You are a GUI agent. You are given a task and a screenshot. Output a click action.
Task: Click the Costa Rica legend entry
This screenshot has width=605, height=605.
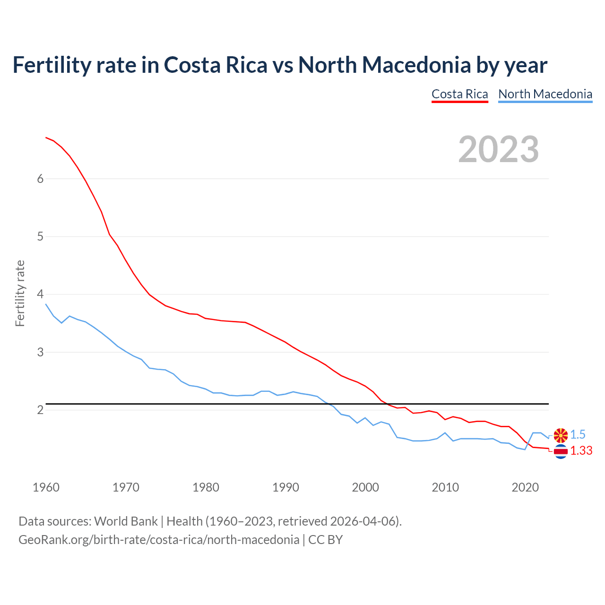[459, 94]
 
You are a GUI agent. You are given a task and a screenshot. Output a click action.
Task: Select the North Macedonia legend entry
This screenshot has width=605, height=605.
[545, 94]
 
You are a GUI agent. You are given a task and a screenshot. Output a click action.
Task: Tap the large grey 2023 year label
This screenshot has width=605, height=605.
[499, 149]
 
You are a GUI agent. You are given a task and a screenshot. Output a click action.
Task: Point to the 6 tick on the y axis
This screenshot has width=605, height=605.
[40, 179]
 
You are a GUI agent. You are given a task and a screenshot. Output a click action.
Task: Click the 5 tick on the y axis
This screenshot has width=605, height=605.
[40, 236]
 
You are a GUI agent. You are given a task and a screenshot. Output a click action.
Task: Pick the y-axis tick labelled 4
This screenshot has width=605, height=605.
[40, 294]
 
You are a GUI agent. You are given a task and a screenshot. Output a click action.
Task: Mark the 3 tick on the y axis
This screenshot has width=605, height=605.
[40, 352]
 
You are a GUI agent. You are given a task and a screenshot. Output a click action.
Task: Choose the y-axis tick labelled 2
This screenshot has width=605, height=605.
[40, 410]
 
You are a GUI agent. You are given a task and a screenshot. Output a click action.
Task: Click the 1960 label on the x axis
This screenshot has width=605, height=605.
[46, 487]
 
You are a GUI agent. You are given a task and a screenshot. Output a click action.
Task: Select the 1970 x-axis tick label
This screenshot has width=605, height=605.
[126, 487]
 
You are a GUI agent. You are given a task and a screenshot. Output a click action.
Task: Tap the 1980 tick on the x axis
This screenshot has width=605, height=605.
[206, 487]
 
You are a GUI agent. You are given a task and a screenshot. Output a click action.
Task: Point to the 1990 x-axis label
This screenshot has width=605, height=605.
[285, 487]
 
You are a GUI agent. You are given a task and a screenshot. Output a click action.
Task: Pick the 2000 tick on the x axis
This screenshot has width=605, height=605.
[365, 487]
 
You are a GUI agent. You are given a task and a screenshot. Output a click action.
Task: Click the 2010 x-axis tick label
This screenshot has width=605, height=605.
[445, 487]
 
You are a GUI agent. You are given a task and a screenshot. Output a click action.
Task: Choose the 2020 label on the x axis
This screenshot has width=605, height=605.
[525, 487]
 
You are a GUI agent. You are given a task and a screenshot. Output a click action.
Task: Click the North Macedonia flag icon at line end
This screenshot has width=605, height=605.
[561, 435]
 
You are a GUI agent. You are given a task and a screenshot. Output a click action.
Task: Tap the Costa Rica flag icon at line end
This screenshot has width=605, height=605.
[561, 452]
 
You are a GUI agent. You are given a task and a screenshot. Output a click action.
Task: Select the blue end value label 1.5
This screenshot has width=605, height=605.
[578, 435]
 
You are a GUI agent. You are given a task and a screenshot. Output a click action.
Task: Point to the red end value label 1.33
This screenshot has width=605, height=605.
[581, 451]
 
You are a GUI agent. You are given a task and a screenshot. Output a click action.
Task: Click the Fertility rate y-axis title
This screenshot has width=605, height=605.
[20, 293]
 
